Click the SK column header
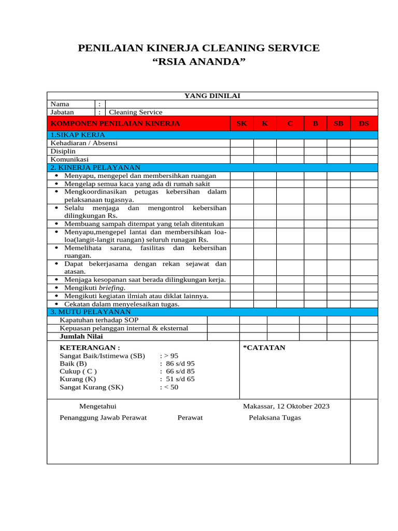click(241, 123)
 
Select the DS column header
click(364, 123)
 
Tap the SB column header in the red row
click(338, 123)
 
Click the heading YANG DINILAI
click(212, 95)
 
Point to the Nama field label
click(60, 104)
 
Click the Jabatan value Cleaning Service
click(135, 112)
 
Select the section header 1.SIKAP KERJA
click(77, 135)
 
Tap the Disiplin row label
click(63, 151)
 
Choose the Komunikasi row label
click(69, 159)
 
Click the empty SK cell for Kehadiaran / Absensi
click(241, 143)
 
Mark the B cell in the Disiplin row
click(315, 151)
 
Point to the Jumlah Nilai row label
click(81, 336)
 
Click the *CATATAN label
click(264, 347)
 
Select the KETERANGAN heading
click(90, 347)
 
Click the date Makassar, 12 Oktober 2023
click(286, 406)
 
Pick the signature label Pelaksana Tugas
click(275, 417)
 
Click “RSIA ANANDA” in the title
click(198, 62)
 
